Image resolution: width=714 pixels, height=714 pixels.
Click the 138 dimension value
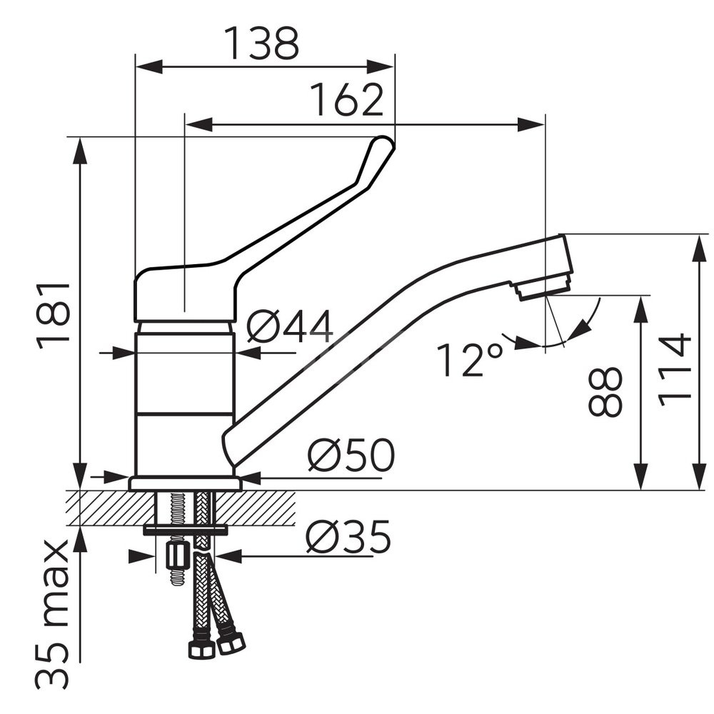(263, 44)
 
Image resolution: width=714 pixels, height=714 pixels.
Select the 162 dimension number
(346, 100)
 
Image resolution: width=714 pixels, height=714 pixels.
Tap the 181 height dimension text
(54, 316)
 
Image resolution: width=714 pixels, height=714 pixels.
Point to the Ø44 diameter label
(290, 327)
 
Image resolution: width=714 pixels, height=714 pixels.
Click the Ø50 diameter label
(351, 455)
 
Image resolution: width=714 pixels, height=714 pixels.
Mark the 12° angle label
(471, 359)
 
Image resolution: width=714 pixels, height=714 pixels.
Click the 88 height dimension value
(605, 392)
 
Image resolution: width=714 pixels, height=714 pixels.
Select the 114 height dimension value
(675, 370)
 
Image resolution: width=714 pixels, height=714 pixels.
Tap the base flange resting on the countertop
(185, 483)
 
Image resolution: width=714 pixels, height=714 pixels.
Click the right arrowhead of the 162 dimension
(531, 124)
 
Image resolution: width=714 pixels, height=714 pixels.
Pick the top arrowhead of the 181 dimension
(80, 151)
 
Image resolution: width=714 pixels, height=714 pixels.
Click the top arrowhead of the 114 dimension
(699, 248)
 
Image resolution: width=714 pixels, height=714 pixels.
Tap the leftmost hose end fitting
(201, 648)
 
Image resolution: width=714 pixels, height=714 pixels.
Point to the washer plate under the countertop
(185, 530)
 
